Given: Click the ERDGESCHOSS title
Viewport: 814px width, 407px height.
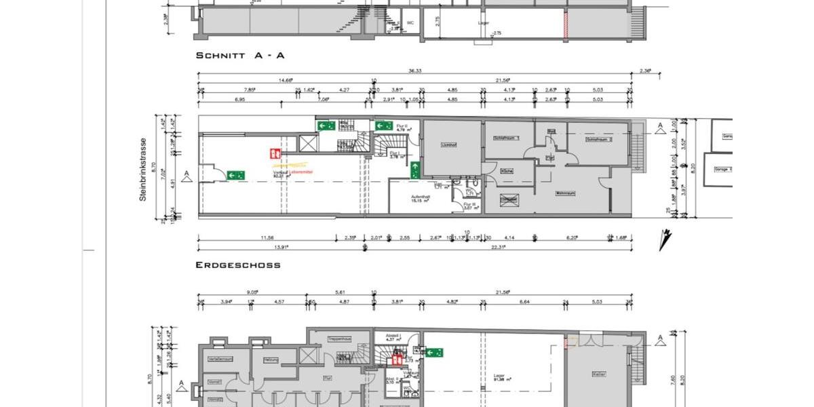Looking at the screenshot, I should [x=238, y=265].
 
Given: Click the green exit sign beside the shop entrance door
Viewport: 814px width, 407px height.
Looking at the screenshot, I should [x=236, y=174].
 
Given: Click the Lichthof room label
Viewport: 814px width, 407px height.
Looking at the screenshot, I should [x=448, y=144].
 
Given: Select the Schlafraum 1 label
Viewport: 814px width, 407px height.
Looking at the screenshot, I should [x=508, y=138].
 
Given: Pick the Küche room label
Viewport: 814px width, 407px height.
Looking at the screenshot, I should [x=506, y=172].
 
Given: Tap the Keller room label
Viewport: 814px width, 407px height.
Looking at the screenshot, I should [x=598, y=374].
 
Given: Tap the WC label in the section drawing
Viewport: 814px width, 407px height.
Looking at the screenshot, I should [x=410, y=22].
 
